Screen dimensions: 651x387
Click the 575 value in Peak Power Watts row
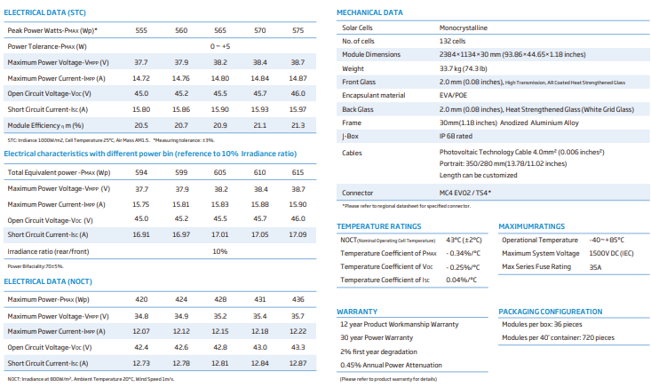pos(298,30)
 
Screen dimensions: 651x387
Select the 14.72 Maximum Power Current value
pos(141,78)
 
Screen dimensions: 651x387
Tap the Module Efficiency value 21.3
pos(298,125)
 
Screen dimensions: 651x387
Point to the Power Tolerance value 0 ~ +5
pos(220,46)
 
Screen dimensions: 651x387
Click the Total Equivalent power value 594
pos(141,172)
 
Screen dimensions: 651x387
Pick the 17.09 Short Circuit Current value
pos(298,234)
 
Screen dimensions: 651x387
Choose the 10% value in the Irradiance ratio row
pos(220,251)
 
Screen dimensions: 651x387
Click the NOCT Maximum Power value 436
pos(298,299)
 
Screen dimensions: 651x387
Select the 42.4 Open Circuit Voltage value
pos(141,347)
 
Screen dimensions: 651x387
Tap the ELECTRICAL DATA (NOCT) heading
pos(48,281)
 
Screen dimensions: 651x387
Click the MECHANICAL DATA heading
pos(369,12)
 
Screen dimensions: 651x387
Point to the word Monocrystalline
pos(464,28)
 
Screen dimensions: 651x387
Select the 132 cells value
pos(452,41)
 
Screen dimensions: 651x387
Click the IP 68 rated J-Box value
pos(456,136)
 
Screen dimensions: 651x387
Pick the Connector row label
pos(357,193)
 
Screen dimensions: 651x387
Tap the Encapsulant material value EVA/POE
pos(453,95)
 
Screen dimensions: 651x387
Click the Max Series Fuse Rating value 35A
pos(595,267)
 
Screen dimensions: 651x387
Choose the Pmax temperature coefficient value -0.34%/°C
pos(463,253)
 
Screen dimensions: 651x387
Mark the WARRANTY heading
pos(357,312)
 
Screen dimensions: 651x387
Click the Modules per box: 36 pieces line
pos(542,324)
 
